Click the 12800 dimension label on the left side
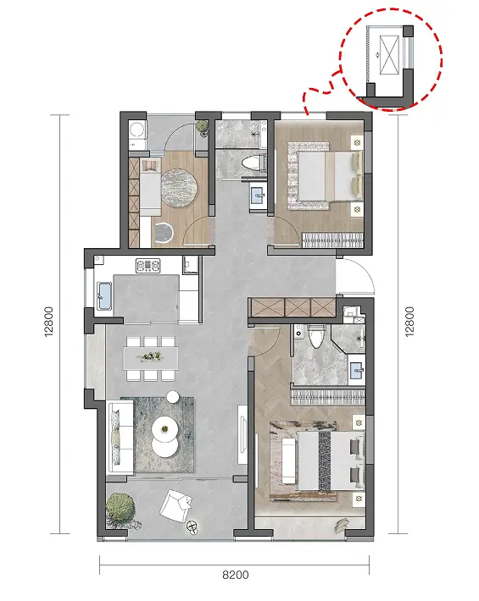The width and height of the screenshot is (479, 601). click(49, 322)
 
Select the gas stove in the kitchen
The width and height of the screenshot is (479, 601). click(148, 265)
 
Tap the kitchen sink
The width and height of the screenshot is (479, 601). click(104, 295)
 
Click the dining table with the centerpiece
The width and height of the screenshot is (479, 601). click(150, 358)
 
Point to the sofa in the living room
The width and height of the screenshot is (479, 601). click(120, 437)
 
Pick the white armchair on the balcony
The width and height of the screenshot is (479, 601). click(175, 504)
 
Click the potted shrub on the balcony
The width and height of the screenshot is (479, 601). click(120, 509)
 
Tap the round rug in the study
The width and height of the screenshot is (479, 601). click(180, 188)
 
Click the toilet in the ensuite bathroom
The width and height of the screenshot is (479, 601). click(316, 336)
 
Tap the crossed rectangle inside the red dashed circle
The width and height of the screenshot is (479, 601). click(390, 55)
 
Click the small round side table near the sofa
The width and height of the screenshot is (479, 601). click(173, 396)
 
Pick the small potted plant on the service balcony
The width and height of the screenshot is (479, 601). click(202, 127)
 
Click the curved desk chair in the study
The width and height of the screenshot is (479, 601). click(164, 233)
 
